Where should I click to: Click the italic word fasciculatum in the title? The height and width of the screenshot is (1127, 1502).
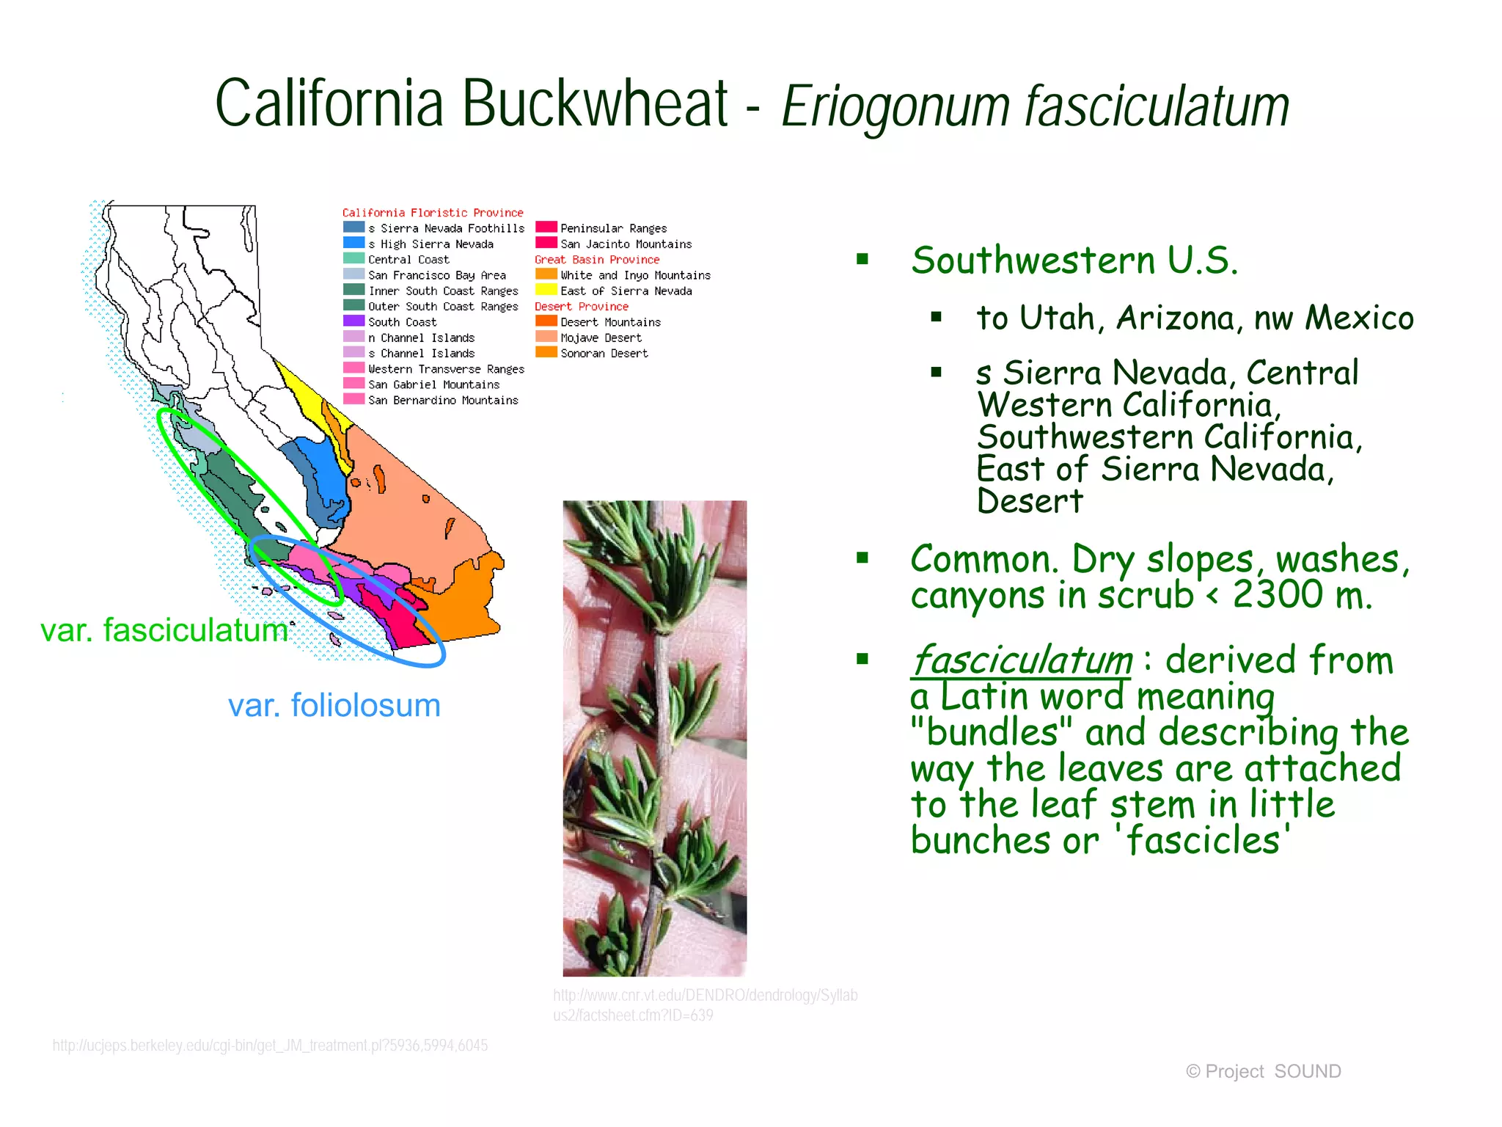point(1157,107)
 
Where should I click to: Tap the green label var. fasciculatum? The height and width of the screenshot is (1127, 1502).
point(164,630)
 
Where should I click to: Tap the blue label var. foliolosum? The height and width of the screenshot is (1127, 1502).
point(334,705)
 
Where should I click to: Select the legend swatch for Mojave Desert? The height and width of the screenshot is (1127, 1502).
point(546,337)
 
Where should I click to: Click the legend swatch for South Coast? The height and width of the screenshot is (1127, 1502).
point(353,321)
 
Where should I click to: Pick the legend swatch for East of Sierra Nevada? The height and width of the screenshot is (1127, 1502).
point(546,290)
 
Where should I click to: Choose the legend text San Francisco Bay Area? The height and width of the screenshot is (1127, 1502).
point(436,275)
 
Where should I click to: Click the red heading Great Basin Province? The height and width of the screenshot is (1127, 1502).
point(596,260)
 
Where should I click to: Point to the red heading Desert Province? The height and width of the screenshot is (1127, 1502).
point(581,307)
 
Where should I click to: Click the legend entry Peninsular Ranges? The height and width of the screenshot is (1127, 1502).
point(613,228)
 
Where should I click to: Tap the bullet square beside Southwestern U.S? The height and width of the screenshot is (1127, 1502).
point(862,259)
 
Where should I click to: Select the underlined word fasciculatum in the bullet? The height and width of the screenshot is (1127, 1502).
point(1022,660)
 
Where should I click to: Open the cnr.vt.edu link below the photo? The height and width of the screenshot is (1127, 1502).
point(704,1004)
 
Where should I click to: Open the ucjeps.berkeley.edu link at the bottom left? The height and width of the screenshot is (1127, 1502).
point(270,1045)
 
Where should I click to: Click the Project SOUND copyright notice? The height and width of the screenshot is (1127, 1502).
point(1263,1071)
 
